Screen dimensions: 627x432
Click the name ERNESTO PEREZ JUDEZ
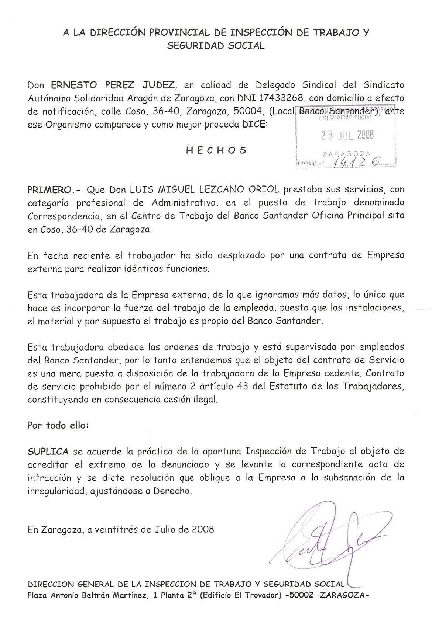point(113,85)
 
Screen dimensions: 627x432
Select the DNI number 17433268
point(283,98)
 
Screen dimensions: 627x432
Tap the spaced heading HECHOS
point(216,150)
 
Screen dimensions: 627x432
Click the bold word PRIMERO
point(49,190)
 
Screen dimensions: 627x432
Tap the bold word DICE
point(253,125)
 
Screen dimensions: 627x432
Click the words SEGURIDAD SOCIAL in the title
point(216,46)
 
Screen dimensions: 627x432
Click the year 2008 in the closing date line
point(203,529)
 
